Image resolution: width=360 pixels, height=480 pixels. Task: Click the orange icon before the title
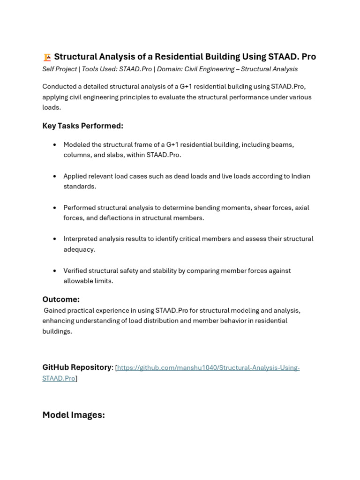47,57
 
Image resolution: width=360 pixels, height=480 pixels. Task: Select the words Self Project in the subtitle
60,69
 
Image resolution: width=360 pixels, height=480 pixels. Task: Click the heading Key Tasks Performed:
82,126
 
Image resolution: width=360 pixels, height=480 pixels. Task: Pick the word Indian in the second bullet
300,176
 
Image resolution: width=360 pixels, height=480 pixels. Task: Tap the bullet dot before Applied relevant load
55,176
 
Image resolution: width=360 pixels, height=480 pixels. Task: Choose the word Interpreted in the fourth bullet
81,239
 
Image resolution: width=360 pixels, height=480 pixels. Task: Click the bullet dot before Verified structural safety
55,271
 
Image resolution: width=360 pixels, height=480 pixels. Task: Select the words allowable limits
88,281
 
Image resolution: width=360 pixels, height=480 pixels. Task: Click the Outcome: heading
61,300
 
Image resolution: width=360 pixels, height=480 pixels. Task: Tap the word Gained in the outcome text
55,311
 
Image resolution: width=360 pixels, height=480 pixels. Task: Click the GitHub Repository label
77,367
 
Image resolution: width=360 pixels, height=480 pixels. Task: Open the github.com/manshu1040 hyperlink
208,368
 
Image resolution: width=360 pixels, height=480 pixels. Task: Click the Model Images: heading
74,415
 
